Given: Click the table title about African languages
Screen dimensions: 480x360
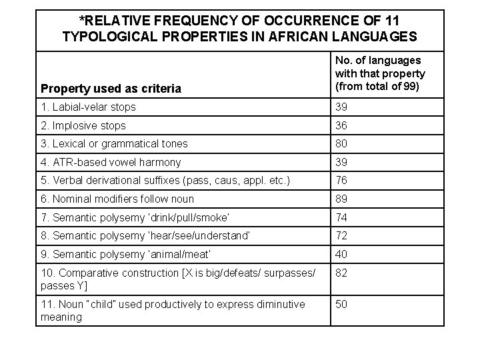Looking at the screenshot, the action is pos(239,28).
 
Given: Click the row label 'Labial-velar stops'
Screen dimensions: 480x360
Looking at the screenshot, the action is pos(88,107).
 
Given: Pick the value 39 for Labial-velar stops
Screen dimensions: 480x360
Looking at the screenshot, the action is pos(342,107).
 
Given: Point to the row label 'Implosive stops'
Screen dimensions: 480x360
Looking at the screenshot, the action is pos(83,125).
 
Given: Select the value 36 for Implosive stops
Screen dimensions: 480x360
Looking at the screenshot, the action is pos(342,125).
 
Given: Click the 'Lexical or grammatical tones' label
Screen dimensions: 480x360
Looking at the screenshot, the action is pos(114,143).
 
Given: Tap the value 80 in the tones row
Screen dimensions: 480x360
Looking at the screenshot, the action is pos(342,143).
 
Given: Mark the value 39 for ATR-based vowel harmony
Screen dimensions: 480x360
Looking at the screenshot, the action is pos(342,162).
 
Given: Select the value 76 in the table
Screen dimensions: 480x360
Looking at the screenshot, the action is pos(342,180).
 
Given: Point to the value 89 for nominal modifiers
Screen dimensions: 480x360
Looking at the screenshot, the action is pos(342,198).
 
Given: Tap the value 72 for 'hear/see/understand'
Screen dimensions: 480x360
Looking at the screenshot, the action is pos(342,235).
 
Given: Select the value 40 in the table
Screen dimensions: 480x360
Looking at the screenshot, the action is pos(342,253).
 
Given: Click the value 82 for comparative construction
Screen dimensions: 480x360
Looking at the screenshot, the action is pos(342,273).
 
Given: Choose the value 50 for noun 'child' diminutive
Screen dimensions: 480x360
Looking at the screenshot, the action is pos(342,304).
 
